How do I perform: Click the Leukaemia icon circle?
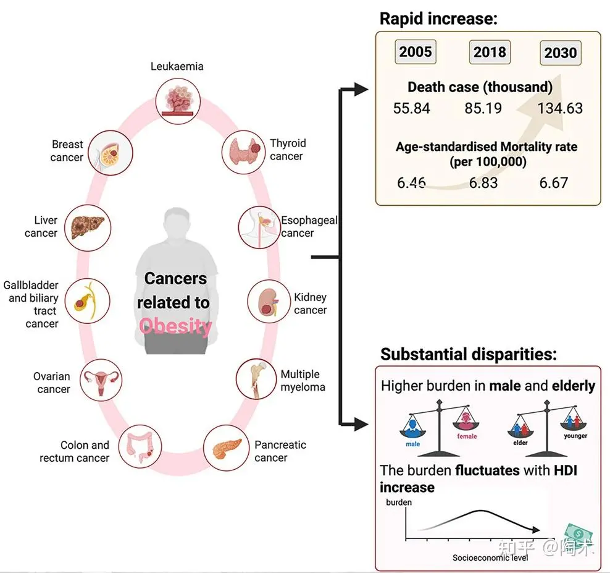pos(178,101)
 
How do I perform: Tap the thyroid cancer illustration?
pos(244,152)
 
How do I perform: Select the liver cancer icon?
pos(88,227)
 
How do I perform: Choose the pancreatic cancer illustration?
pos(226,448)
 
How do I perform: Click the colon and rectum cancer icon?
pos(140,446)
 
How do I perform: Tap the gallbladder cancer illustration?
pos(87,301)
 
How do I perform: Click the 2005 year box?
pos(416,52)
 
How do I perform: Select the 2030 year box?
pos(561,53)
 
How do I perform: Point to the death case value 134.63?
pos(560,108)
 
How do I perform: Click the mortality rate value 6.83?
pos(483,183)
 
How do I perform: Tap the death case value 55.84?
pos(412,108)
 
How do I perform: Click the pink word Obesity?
pos(175,326)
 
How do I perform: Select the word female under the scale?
pos(467,436)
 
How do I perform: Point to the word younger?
pos(575,436)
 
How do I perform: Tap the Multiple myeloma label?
pos(303,381)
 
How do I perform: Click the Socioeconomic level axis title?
pos(490,558)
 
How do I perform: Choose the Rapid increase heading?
pos(438,19)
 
